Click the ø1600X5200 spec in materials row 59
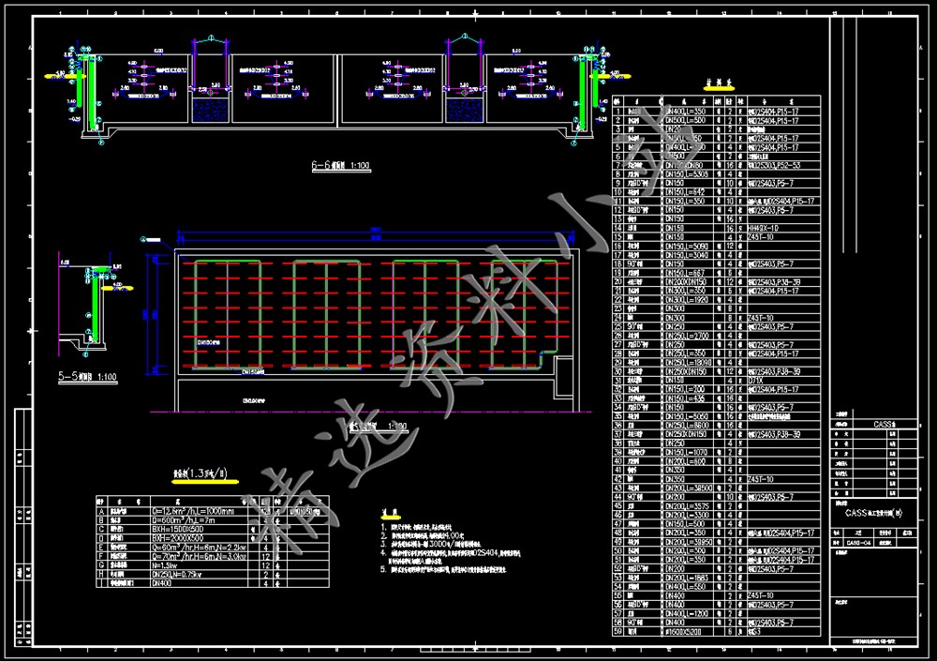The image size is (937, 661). (687, 631)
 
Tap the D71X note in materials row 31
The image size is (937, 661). (755, 380)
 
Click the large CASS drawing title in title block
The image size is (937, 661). (872, 513)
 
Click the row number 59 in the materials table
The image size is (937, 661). (618, 631)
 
